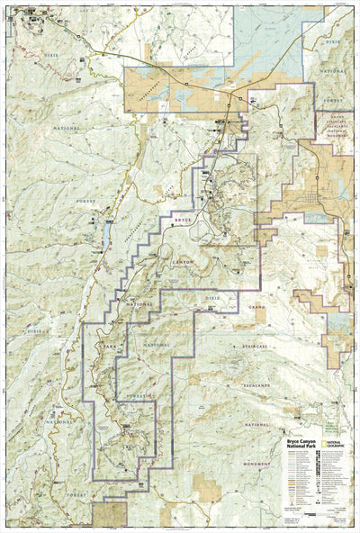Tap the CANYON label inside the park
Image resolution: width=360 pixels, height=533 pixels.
184,261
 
